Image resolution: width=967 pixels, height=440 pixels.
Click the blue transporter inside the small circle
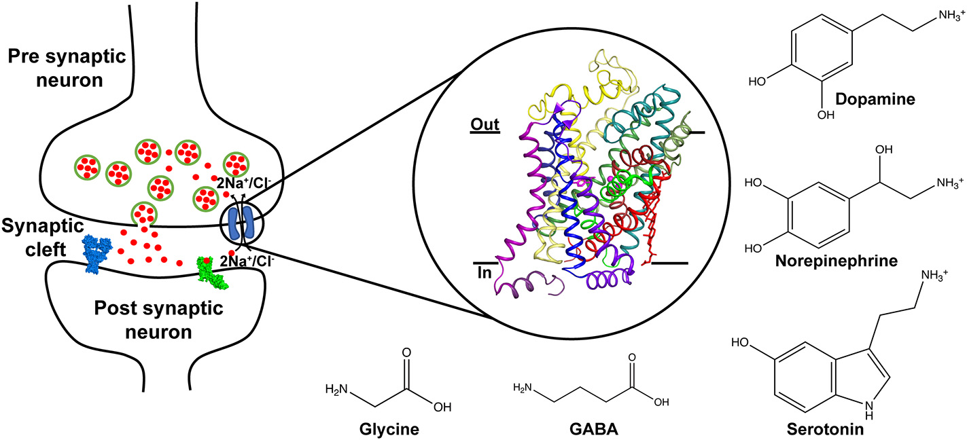coord(242,224)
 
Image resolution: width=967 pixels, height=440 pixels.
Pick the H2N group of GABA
coord(522,388)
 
